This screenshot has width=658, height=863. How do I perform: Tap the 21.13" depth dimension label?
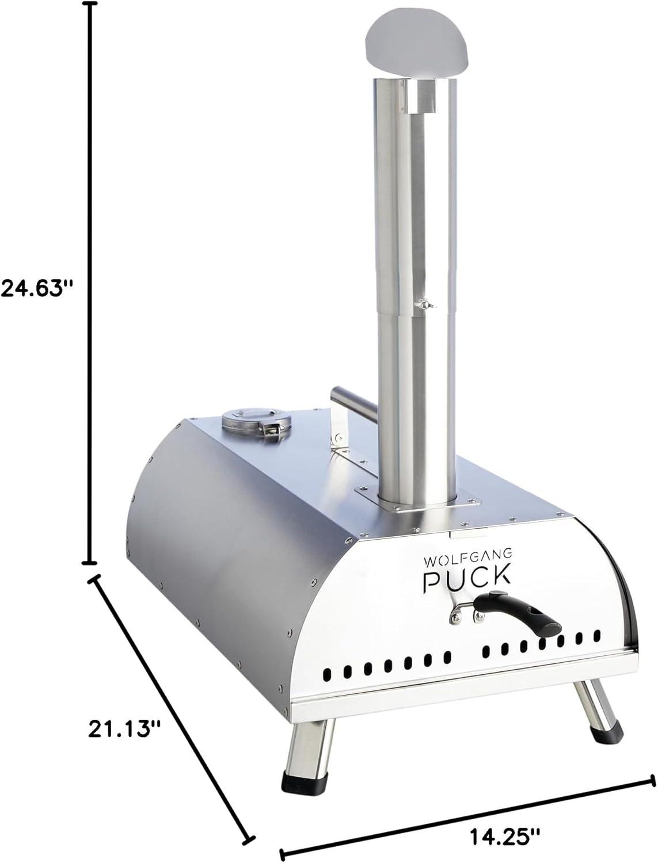point(123,728)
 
